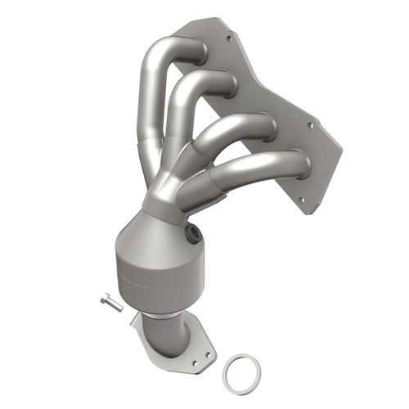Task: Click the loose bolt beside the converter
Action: pyautogui.click(x=112, y=303)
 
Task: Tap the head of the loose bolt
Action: pyautogui.click(x=106, y=299)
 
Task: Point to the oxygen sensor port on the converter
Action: pyautogui.click(x=195, y=236)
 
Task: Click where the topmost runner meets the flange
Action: pyautogui.click(x=200, y=51)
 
